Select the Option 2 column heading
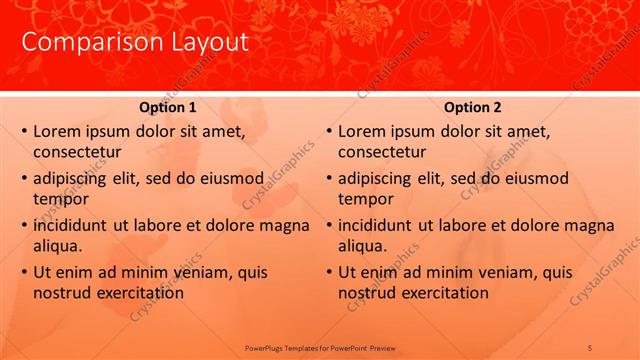coord(472,107)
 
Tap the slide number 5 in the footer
coord(590,347)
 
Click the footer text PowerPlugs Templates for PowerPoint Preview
coord(320,347)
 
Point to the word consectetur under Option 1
coord(77,152)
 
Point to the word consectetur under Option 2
coord(382,152)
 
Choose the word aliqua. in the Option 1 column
coord(58,245)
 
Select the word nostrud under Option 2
coord(367,292)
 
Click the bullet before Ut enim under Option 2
coord(328,272)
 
